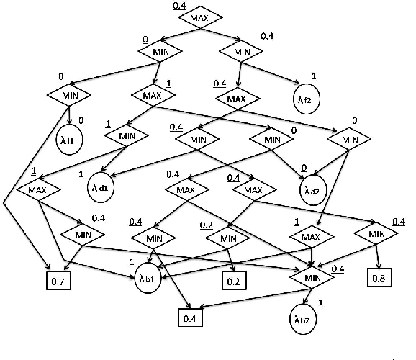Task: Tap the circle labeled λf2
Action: [x=304, y=99]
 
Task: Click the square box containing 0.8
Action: [x=379, y=276]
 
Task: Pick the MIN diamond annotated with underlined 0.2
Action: [x=227, y=238]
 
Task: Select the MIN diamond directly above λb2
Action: [x=312, y=276]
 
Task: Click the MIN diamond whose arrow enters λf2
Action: [x=243, y=51]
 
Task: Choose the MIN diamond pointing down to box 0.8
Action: [x=376, y=233]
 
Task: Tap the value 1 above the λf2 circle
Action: [x=313, y=76]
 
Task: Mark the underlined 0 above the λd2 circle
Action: [x=304, y=167]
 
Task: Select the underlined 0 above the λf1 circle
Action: [x=81, y=120]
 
